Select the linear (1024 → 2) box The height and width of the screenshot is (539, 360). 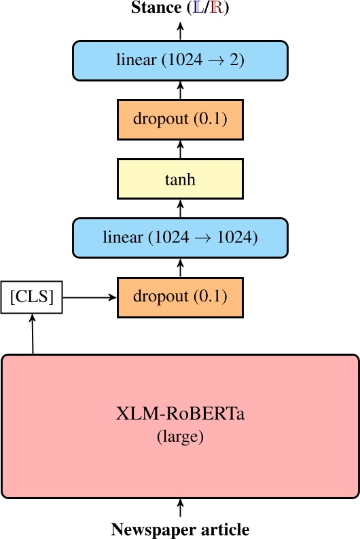point(180,60)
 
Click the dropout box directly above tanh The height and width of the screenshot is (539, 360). point(180,119)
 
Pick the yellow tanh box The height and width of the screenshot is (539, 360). point(180,179)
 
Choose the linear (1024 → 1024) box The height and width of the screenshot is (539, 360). point(180,238)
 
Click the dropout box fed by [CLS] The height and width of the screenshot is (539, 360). point(180,297)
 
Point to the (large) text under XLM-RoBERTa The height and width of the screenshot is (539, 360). point(180,437)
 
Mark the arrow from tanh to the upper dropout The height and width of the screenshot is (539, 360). point(180,149)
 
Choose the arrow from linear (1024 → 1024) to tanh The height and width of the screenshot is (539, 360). point(180,208)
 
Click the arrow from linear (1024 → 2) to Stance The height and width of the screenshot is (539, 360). point(180,31)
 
